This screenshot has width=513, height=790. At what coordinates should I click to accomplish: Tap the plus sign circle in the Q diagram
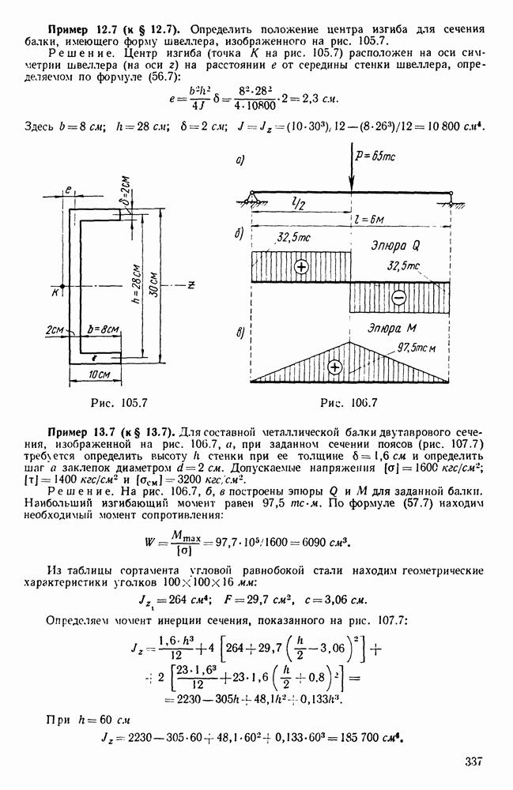tap(300, 266)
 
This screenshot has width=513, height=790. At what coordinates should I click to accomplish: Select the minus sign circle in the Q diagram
tap(398, 298)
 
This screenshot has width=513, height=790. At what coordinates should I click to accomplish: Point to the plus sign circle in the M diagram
tap(335, 367)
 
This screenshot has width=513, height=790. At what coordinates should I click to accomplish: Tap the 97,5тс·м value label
tap(420, 348)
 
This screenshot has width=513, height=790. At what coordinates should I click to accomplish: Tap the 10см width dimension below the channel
tap(99, 372)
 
